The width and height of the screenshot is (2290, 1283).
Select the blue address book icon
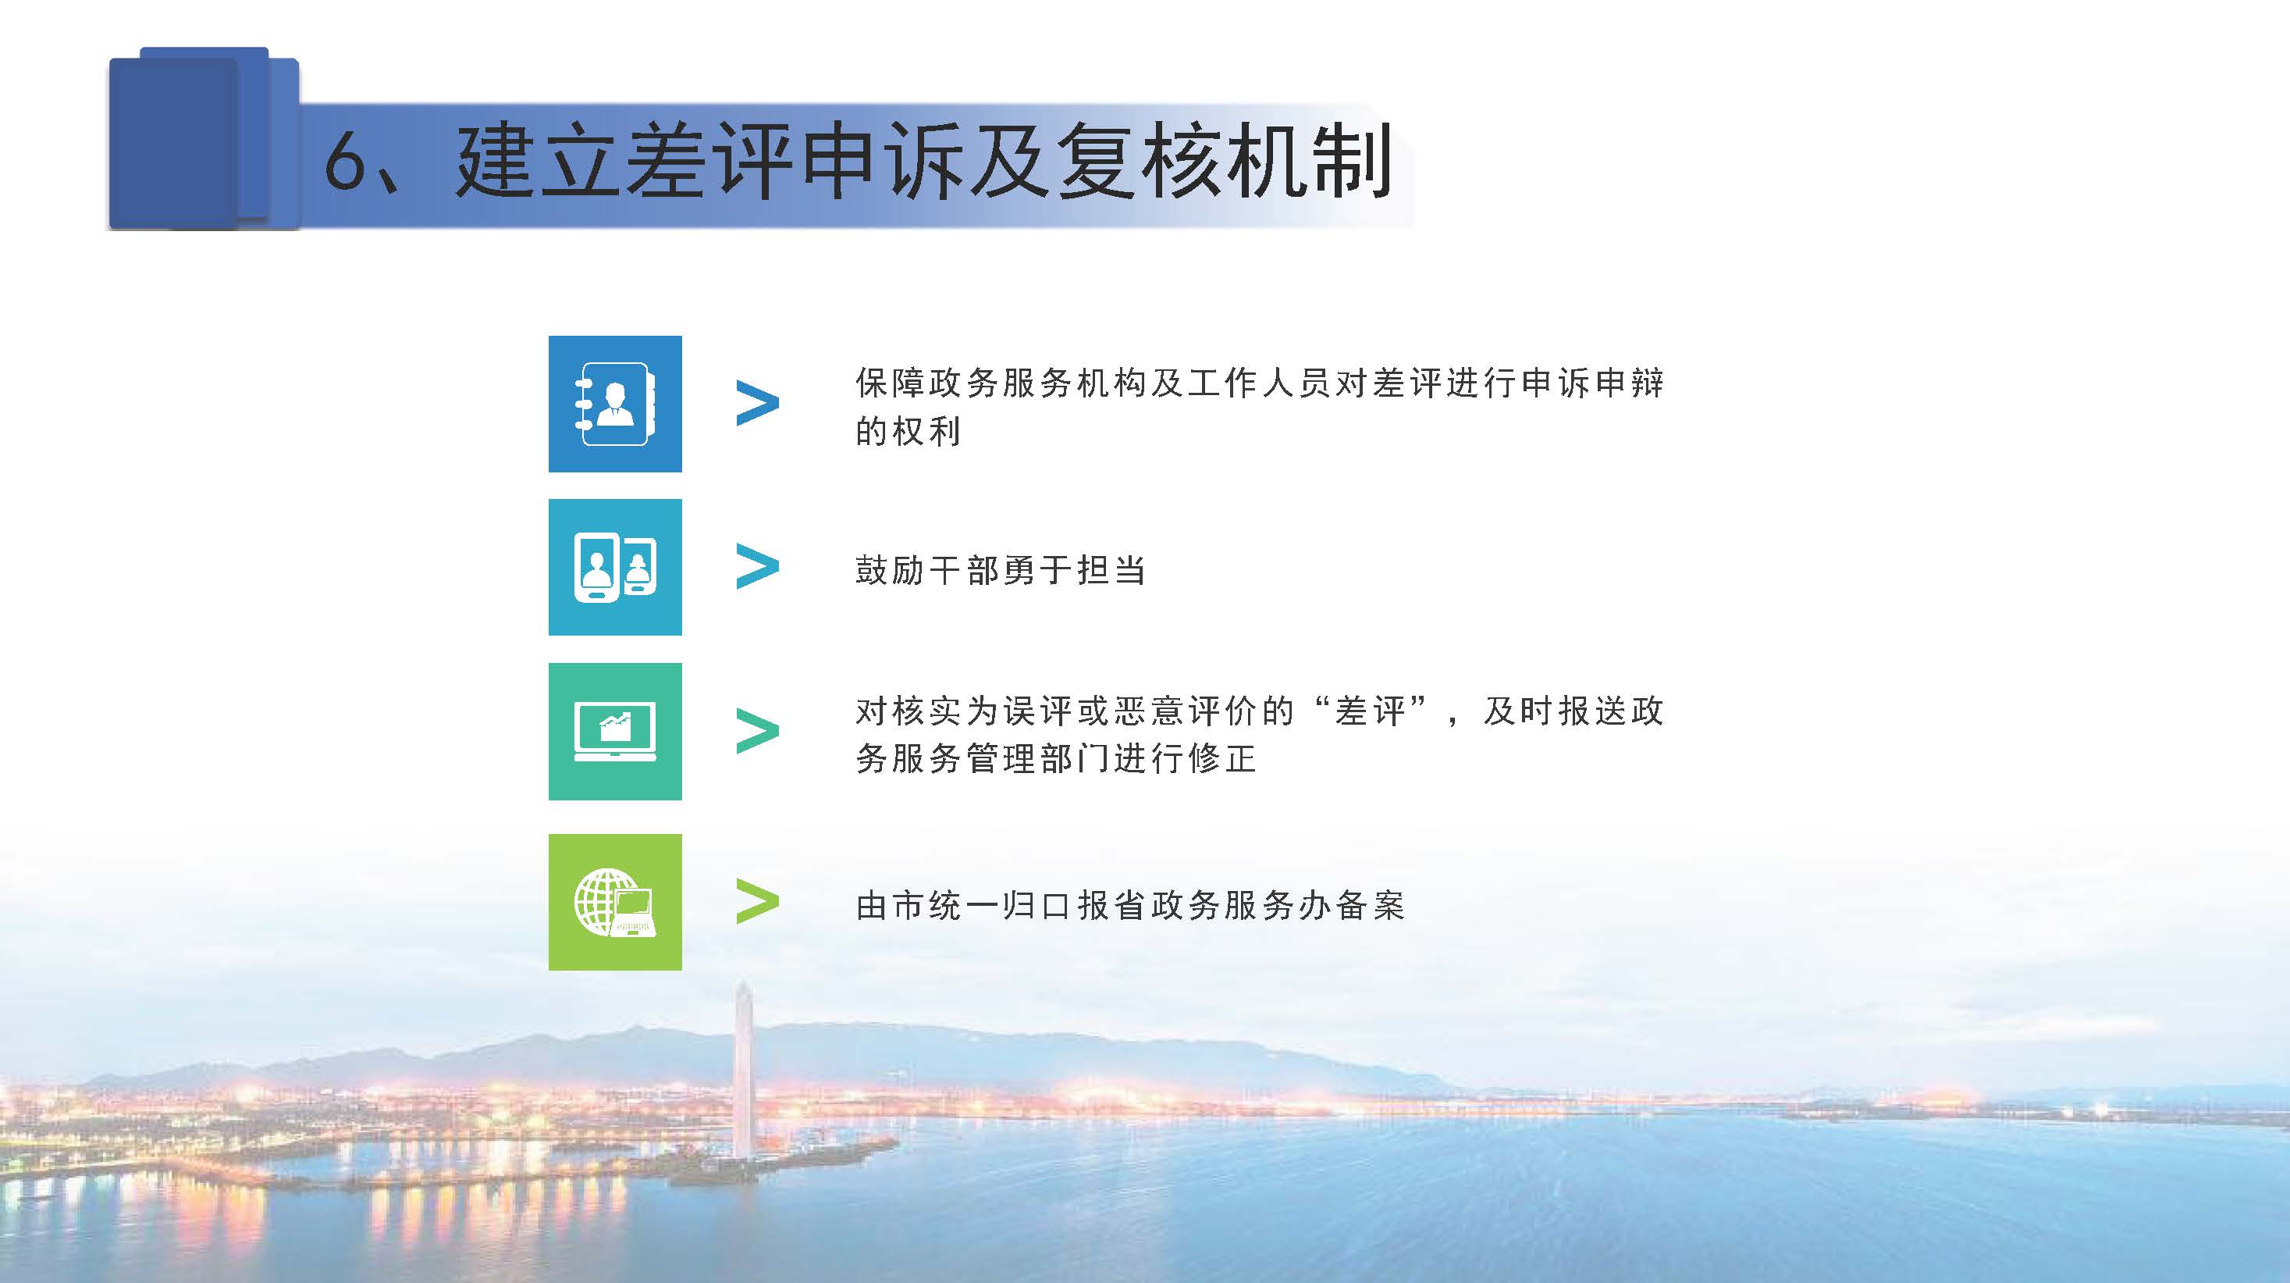[615, 404]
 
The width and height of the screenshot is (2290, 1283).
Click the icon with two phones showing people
[615, 567]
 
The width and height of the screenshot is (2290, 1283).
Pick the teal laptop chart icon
[615, 731]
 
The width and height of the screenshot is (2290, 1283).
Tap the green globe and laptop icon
[615, 902]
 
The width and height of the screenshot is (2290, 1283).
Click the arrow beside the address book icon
[757, 404]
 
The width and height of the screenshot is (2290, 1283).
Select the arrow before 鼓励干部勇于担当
[757, 567]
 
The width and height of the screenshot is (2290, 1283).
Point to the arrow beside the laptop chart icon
[757, 732]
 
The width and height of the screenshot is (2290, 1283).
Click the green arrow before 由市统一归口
[757, 902]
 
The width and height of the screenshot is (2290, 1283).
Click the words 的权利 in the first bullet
[908, 431]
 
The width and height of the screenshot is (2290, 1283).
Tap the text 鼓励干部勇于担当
[1000, 570]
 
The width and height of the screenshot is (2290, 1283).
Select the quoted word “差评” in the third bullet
[1370, 711]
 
